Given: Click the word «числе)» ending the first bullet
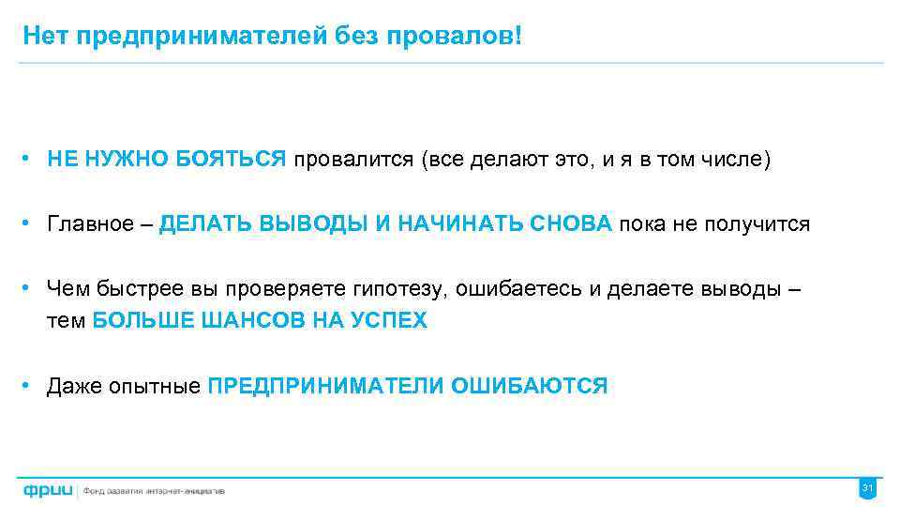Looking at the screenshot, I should [741, 160].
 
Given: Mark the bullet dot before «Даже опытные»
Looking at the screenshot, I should [31, 386].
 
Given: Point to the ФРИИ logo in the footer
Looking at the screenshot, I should [48, 490].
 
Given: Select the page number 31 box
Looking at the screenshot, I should [867, 488].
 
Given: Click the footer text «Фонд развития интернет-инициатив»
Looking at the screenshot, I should [154, 491].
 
